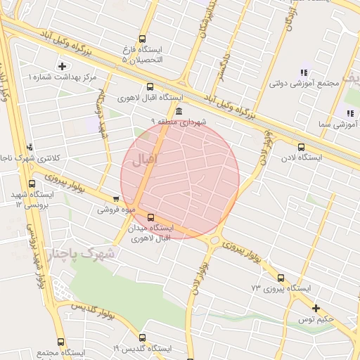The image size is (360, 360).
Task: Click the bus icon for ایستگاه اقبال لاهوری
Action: pyautogui.click(x=150, y=87)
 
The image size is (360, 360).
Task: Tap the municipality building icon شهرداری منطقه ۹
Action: pyautogui.click(x=179, y=112)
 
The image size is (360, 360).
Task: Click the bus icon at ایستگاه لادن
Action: pyautogui.click(x=301, y=147)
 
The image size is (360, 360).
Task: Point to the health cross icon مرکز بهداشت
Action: pyautogui.click(x=62, y=66)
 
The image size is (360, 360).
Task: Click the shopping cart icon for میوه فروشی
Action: pyautogui.click(x=115, y=200)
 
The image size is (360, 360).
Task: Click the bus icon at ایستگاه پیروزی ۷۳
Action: pyautogui.click(x=281, y=278)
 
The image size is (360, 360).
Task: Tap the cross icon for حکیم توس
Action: pyautogui.click(x=316, y=308)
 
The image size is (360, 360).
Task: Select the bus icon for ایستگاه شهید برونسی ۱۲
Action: pyautogui.click(x=32, y=184)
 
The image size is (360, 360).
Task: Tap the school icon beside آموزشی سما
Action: pyautogui.click(x=349, y=112)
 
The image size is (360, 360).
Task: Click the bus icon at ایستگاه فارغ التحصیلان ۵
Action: pyautogui.click(x=143, y=39)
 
